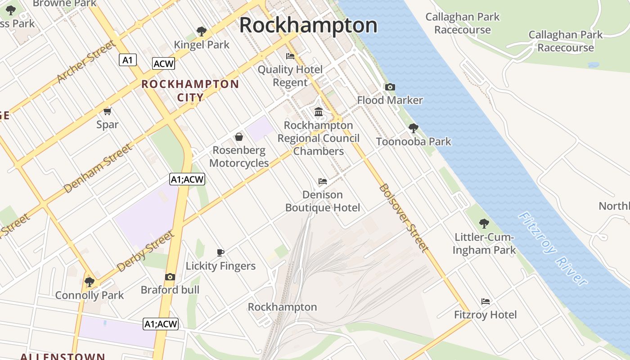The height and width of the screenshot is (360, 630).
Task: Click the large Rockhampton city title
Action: coord(308,25)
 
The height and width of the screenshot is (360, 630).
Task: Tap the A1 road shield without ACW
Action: coord(128,60)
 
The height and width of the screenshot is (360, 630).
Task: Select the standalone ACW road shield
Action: coord(163,64)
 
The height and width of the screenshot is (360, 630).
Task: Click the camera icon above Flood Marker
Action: coord(390,87)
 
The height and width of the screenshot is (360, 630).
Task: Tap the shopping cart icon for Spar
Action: coord(108,111)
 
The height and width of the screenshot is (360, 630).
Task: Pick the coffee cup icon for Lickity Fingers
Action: coord(220,252)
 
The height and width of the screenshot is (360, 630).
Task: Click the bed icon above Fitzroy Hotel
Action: coord(485,301)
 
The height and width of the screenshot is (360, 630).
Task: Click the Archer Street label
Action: coord(86,63)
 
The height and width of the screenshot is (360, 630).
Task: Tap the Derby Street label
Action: coord(145,252)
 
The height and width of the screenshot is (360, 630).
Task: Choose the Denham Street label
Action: coord(98,168)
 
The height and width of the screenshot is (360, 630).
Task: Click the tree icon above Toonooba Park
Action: coord(414,128)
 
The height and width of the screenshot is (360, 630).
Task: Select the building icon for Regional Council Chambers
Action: coord(319,112)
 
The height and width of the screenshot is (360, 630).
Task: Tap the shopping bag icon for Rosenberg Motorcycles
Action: coord(239,137)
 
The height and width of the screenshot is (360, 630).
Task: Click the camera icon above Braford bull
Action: coord(170,277)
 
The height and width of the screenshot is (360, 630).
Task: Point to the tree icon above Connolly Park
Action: coord(89,282)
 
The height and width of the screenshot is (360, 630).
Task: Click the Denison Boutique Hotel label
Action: coord(323,201)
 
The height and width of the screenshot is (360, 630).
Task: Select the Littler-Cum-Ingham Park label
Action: coord(484,243)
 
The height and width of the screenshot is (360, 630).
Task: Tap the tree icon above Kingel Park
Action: coord(202,31)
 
